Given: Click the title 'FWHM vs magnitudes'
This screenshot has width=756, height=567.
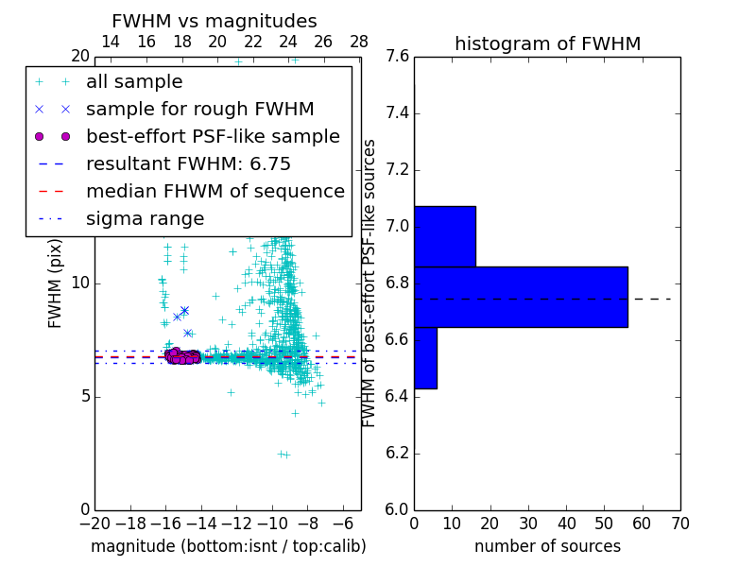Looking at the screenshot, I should (215, 21).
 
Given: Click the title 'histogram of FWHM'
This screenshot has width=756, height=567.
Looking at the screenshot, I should (547, 43).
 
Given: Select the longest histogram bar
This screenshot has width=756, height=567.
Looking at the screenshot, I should (521, 297).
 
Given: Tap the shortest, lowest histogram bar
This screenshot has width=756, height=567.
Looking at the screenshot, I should (425, 357).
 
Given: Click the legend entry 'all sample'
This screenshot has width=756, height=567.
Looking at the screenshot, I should (134, 82).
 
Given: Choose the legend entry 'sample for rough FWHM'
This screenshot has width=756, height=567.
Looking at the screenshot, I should (199, 110).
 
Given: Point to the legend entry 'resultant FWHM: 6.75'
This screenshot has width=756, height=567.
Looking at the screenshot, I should (188, 164).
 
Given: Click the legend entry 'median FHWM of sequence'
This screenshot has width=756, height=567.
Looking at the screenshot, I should (215, 192).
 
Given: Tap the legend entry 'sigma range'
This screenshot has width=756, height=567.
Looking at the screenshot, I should (145, 219).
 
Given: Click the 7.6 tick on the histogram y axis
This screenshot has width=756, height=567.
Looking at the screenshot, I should (398, 57).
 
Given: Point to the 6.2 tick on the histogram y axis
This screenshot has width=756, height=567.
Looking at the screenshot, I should (398, 453).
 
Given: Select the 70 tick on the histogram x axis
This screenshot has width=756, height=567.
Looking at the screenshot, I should (679, 523).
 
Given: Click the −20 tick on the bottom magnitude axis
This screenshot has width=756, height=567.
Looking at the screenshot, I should (94, 523).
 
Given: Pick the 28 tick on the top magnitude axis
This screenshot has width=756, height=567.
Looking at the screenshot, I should (359, 42).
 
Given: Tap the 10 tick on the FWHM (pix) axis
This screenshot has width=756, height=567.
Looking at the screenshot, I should (80, 283).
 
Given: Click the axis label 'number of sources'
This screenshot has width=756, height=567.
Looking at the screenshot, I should (547, 546).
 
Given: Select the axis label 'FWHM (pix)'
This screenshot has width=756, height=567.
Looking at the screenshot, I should (56, 283).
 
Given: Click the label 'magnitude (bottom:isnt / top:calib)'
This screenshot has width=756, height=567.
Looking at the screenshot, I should (228, 546).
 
